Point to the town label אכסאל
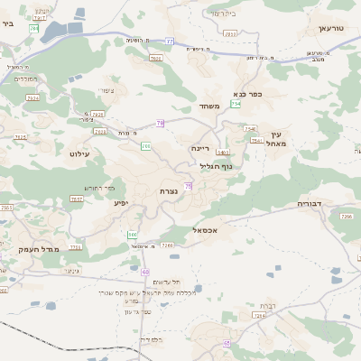click(208, 230)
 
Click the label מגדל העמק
click(38, 248)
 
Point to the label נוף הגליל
click(215, 166)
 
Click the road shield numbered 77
click(170, 41)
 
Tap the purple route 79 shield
click(160, 123)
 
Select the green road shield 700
click(145, 145)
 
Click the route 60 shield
click(145, 271)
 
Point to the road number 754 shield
click(236, 104)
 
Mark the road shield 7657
click(77, 199)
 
